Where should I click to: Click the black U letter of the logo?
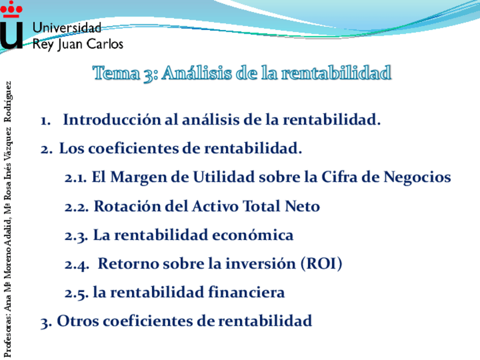pyautogui.click(x=11, y=36)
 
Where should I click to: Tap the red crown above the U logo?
pyautogui.click(x=11, y=9)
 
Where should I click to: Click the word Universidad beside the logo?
pyautogui.click(x=67, y=28)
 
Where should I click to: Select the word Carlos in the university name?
pyautogui.click(x=105, y=44)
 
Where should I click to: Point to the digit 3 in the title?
pyautogui.click(x=149, y=75)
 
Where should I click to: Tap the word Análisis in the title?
pyautogui.click(x=197, y=73)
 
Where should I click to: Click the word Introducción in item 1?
pyautogui.click(x=112, y=119)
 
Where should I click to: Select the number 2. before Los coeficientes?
pyautogui.click(x=46, y=149)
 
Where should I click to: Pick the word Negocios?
pyautogui.click(x=417, y=178)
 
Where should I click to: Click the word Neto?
pyautogui.click(x=302, y=206)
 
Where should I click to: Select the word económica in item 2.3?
pyautogui.click(x=252, y=235)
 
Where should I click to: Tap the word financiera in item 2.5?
pyautogui.click(x=246, y=292)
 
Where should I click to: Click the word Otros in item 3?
pyautogui.click(x=78, y=321)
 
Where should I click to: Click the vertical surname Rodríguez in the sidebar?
pyautogui.click(x=8, y=102)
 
